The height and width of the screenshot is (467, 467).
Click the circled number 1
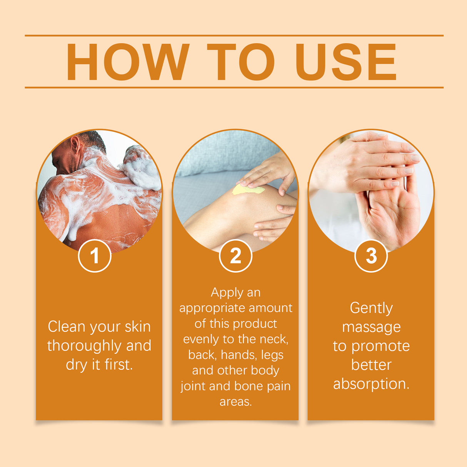click(x=95, y=256)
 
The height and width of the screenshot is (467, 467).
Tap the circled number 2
click(x=235, y=256)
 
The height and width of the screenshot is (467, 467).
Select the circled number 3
click(x=371, y=256)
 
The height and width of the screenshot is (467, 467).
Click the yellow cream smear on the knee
click(x=247, y=190)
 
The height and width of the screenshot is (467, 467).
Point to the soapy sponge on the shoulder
click(x=141, y=168)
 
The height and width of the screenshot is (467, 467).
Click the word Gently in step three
click(x=371, y=308)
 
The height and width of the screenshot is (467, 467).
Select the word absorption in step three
click(x=370, y=384)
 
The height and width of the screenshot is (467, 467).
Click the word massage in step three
click(x=371, y=327)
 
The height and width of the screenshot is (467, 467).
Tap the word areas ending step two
click(x=235, y=402)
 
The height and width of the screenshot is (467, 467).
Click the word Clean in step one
click(x=66, y=327)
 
